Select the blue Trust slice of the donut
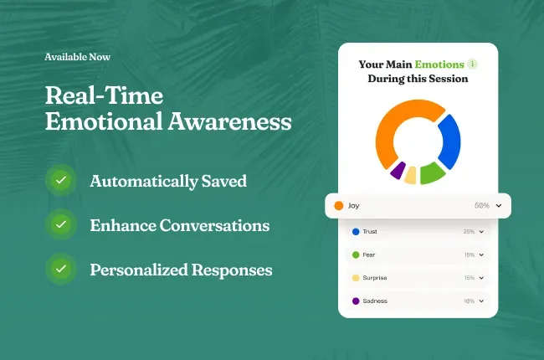pyautogui.click(x=451, y=141)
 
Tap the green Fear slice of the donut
pyautogui.click(x=431, y=172)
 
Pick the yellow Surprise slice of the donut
pyautogui.click(x=410, y=176)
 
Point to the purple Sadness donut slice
pyautogui.click(x=398, y=170)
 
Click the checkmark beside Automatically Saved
pyautogui.click(x=61, y=180)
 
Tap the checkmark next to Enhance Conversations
pyautogui.click(x=61, y=224)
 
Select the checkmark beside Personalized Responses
pyautogui.click(x=61, y=269)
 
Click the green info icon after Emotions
pyautogui.click(x=472, y=64)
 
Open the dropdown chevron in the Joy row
pyautogui.click(x=499, y=205)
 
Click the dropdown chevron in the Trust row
pyautogui.click(x=481, y=232)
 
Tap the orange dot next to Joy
pyautogui.click(x=339, y=205)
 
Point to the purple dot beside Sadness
pyautogui.click(x=356, y=301)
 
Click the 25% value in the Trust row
pyautogui.click(x=469, y=232)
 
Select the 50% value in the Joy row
pyautogui.click(x=481, y=205)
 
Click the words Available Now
pyautogui.click(x=77, y=57)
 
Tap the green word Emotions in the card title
pyautogui.click(x=439, y=64)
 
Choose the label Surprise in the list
pyautogui.click(x=375, y=278)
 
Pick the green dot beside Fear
pyautogui.click(x=356, y=255)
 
